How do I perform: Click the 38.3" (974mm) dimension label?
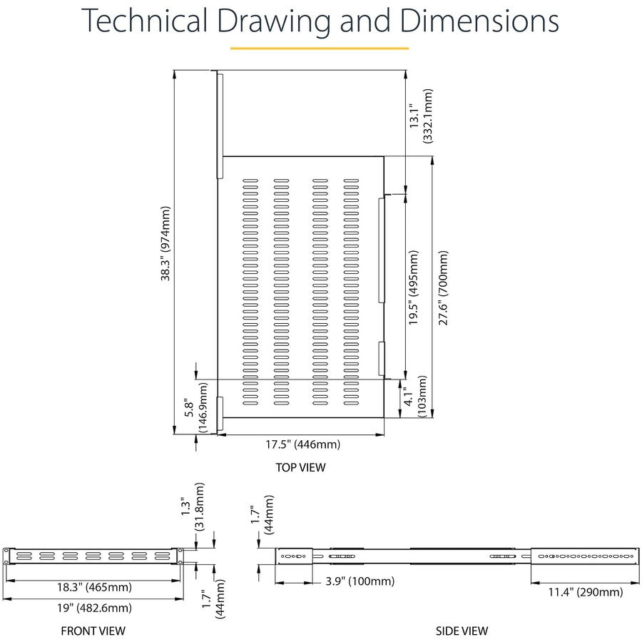165,245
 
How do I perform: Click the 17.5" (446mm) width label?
303,444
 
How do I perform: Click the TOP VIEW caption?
300,468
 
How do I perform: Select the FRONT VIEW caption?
93,631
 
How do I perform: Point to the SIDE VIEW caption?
462,631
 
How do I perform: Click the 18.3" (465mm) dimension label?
94,588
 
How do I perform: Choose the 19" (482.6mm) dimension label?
94,608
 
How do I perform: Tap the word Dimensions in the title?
479,22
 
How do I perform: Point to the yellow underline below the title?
319,48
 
